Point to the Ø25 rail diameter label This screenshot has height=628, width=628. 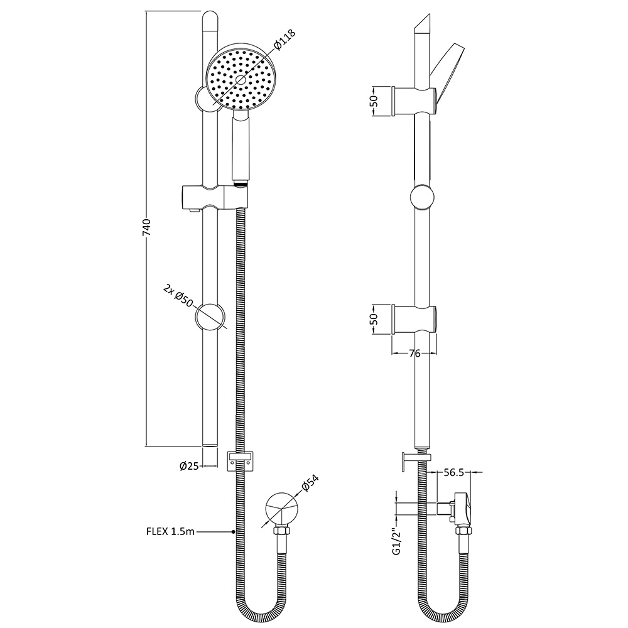point(189,465)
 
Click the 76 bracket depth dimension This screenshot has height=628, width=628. point(414,354)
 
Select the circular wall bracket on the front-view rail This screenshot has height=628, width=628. point(210,317)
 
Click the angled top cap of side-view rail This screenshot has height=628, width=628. point(422,24)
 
